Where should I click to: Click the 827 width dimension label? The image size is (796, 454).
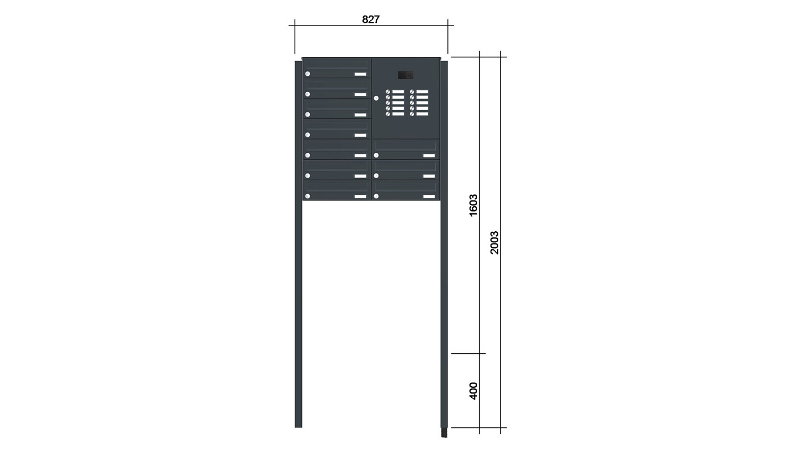coord(370,19)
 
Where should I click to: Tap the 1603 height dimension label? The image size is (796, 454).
coord(473,205)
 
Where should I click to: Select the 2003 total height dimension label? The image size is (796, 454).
coord(494,242)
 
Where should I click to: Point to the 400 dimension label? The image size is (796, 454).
coord(473,391)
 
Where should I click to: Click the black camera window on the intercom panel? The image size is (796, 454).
coord(405,75)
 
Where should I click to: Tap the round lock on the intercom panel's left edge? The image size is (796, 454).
coord(376,99)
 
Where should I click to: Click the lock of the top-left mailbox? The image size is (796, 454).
coord(308,74)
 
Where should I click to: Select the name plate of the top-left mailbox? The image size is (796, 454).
coord(360,74)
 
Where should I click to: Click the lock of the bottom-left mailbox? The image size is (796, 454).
coord(308,196)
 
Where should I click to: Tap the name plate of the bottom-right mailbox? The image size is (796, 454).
coord(429,197)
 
